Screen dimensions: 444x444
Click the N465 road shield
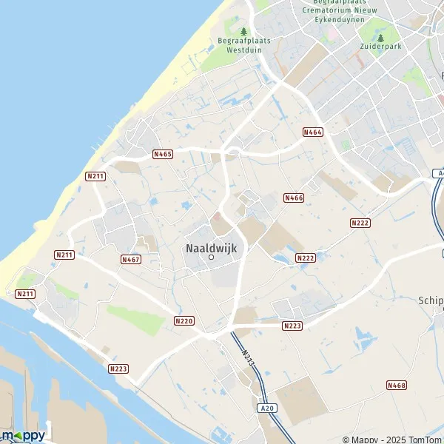163,154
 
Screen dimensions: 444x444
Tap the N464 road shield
313,132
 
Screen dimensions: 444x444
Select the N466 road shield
294,198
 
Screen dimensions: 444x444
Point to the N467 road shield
131,260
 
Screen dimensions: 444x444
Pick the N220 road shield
184,320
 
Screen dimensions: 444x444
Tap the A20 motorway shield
268,408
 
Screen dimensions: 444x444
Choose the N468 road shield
397,385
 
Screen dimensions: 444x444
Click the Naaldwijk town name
211,249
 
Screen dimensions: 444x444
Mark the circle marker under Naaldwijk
211,258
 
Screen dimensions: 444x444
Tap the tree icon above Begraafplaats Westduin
243,31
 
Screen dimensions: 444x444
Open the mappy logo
24,435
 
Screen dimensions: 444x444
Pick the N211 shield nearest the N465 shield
95,176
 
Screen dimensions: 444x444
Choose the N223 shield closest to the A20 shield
292,326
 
